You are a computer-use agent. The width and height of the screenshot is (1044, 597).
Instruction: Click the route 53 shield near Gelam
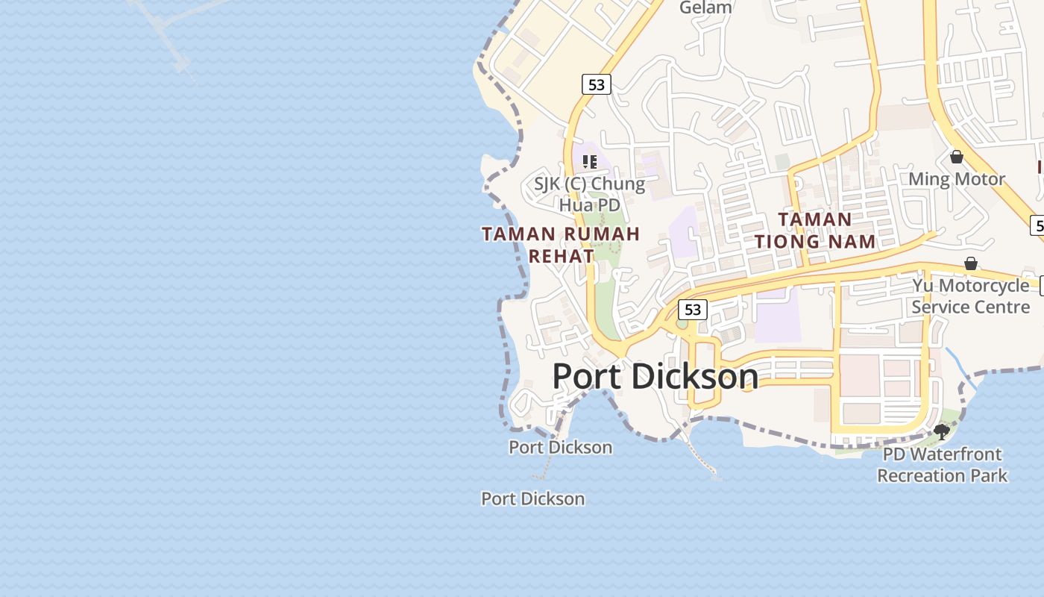pos(596,84)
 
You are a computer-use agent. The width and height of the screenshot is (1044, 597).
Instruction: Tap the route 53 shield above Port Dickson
pos(693,309)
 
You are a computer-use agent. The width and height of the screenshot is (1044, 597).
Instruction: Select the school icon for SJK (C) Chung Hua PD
pos(590,161)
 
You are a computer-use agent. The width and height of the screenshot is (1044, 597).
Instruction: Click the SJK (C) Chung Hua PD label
pos(589,193)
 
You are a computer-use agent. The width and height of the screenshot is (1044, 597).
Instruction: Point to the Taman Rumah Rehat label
pos(561,245)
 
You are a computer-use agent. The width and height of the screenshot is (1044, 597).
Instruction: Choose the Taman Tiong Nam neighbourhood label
pos(814,230)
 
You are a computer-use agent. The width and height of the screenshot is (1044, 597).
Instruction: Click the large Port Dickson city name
pos(655,376)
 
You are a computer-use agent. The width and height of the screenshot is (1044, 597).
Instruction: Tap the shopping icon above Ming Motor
pos(956,157)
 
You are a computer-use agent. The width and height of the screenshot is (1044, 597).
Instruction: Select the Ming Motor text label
pos(956,179)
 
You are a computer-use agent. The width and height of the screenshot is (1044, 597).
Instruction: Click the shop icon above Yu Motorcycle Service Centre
pos(970,263)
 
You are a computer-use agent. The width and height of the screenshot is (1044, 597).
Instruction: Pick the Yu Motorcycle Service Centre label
pos(970,296)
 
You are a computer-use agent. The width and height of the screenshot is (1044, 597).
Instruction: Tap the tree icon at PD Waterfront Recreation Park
pos(941,431)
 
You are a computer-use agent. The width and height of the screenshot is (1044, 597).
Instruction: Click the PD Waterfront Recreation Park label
pos(942,464)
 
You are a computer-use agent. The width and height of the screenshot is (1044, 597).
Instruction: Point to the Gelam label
pos(705,7)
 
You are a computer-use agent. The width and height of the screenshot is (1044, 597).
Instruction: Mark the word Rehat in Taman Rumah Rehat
pos(561,256)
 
